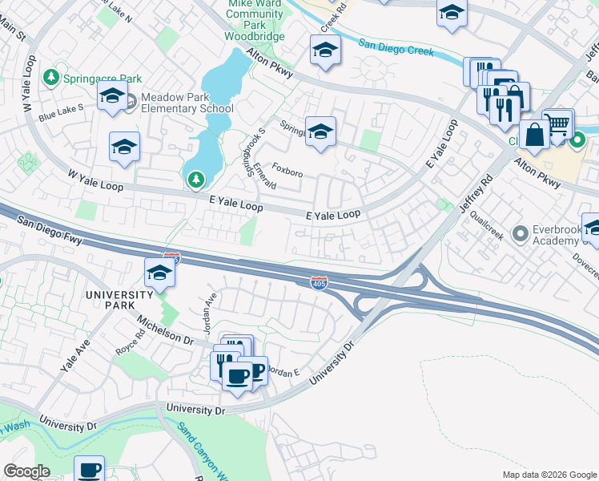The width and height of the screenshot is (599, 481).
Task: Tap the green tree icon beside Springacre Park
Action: coord(52,77)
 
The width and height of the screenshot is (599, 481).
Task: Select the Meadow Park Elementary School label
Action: coord(187,103)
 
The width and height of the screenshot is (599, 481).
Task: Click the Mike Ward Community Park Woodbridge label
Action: coord(255,19)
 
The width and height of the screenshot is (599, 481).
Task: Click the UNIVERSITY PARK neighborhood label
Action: coord(119,294)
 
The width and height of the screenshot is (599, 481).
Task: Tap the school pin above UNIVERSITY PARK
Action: coord(159,273)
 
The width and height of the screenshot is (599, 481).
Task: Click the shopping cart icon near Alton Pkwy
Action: coord(558,124)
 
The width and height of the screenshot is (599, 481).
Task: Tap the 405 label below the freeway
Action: coord(318,282)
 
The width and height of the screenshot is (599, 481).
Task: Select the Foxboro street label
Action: coord(287,171)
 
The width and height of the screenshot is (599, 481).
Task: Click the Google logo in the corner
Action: coord(26,471)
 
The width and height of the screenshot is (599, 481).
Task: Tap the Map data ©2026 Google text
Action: coord(549,475)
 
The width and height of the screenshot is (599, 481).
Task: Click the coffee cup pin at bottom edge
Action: coord(90,469)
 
